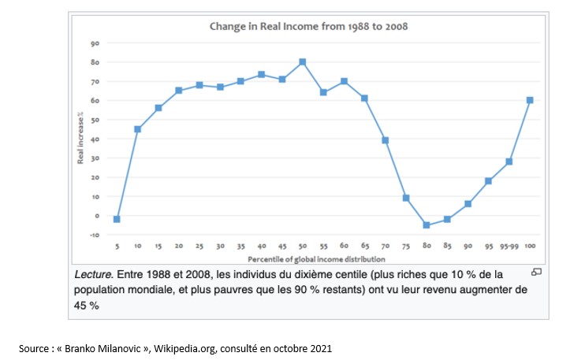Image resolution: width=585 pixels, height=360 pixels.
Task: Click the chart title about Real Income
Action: click(307, 26)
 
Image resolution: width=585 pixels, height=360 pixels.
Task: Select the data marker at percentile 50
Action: click(302, 61)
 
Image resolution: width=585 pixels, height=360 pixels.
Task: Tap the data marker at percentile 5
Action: click(117, 219)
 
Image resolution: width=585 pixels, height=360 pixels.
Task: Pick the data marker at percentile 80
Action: click(426, 225)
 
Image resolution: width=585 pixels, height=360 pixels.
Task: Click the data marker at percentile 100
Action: click(529, 100)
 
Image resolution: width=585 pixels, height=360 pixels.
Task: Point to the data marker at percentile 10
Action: click(137, 129)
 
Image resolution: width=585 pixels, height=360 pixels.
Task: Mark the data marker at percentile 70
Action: click(385, 140)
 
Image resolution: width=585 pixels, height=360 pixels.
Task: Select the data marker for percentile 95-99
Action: click(509, 161)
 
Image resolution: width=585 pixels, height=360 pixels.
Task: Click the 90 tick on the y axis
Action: click(94, 43)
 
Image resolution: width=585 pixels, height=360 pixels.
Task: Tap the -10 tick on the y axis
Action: click(93, 235)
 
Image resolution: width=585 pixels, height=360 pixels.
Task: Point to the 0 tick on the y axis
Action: click(95, 215)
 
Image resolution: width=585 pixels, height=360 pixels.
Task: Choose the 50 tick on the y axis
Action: click(94, 120)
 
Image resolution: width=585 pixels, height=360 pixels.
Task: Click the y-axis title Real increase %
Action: click(80, 138)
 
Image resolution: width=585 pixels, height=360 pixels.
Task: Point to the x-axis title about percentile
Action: click(315, 258)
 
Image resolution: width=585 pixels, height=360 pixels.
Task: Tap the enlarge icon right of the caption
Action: click(536, 272)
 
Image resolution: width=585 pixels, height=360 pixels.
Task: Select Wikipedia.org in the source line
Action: click(189, 347)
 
